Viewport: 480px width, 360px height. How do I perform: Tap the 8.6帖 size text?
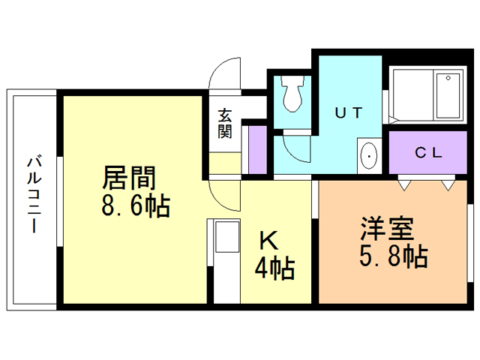click(x=136, y=205)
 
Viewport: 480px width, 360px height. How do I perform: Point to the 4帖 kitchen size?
click(x=274, y=267)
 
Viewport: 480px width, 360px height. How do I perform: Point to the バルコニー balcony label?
click(x=33, y=193)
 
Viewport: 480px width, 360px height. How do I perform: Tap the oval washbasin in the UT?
click(x=370, y=155)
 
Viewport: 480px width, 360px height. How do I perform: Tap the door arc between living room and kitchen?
click(x=223, y=197)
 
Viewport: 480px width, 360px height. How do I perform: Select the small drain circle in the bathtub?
click(x=448, y=77)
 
